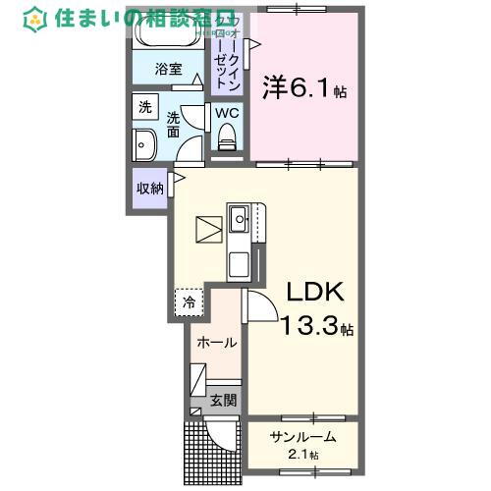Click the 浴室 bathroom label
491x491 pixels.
pos(169,69)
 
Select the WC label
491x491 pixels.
pos(227,113)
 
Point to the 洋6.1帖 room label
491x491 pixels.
pos(302,88)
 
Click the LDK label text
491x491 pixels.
pos(313,293)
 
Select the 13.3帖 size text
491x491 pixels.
pos(317,327)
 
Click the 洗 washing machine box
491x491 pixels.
pos(145,107)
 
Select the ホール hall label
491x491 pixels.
pos(216,343)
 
